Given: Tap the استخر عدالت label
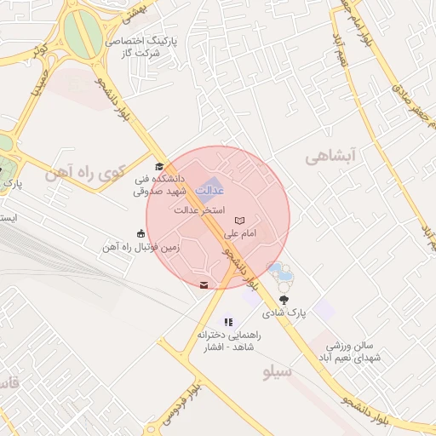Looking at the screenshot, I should (198, 209).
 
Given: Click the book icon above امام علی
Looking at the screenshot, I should (238, 221).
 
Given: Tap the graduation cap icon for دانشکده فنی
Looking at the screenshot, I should (158, 167).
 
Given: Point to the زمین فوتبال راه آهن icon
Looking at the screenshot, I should (141, 233).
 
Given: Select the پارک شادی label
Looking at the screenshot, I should (284, 313).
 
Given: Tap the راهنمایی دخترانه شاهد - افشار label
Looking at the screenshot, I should (227, 342).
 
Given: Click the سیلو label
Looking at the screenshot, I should (278, 373).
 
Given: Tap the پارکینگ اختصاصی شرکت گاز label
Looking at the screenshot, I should (141, 47).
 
